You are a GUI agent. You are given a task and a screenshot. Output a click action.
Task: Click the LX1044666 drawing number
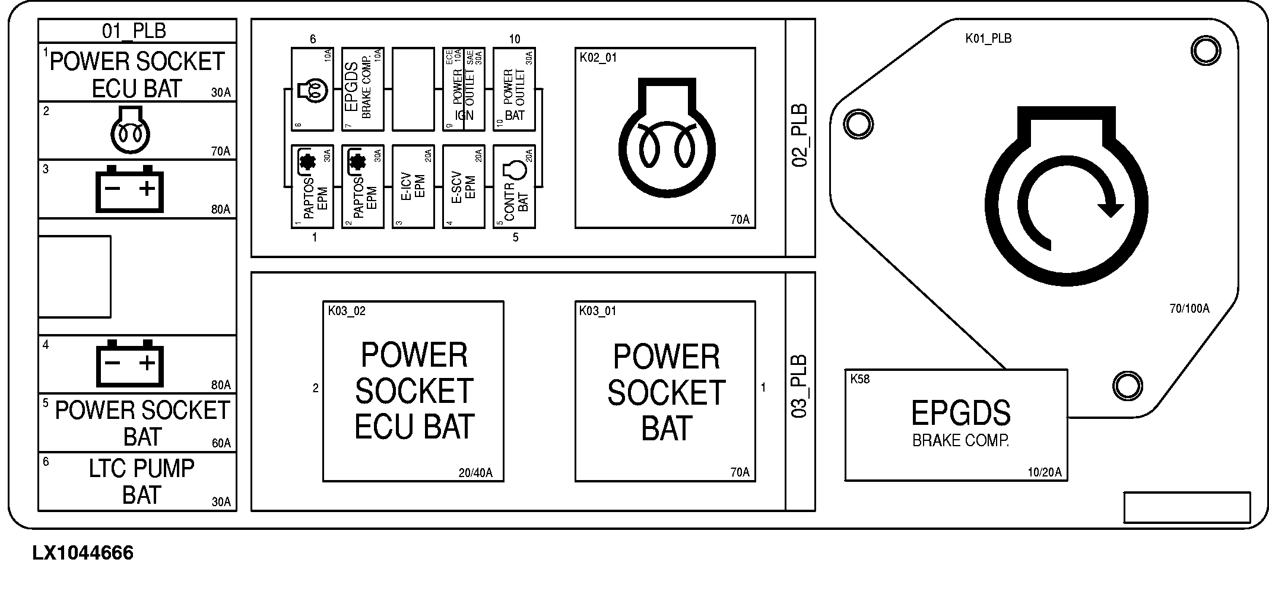click(83, 554)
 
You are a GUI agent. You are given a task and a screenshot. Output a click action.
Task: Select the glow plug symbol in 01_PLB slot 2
click(131, 129)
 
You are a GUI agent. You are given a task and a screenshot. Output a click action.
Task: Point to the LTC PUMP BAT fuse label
click(141, 481)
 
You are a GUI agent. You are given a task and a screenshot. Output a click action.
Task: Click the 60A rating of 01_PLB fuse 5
click(221, 443)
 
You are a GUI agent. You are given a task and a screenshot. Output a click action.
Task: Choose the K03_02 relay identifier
click(347, 311)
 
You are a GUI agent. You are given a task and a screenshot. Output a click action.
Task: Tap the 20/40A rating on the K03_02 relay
click(475, 473)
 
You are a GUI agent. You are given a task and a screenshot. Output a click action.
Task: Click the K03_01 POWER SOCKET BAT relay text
click(666, 392)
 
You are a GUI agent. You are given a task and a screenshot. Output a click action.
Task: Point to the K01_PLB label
click(988, 39)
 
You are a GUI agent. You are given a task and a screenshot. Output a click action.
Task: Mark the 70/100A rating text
click(1189, 309)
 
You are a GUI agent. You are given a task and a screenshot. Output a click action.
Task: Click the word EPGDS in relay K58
click(960, 413)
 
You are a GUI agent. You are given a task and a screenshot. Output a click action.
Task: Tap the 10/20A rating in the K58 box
click(1044, 473)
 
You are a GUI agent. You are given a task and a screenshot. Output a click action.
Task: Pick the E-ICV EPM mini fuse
click(414, 187)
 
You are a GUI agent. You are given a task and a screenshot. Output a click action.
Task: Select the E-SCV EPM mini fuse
click(464, 187)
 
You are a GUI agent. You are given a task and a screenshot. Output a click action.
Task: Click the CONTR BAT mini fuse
click(515, 187)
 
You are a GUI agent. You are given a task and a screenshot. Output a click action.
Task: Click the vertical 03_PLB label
click(801, 386)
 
